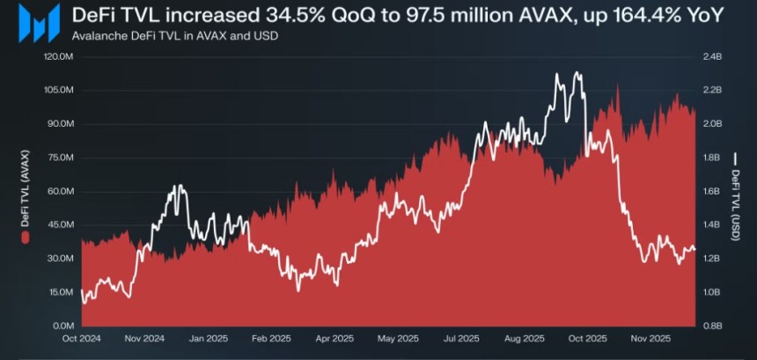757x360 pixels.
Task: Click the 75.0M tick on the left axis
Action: (x=57, y=158)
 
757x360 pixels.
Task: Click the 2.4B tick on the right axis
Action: (x=712, y=57)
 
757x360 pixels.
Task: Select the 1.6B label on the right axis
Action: (x=712, y=191)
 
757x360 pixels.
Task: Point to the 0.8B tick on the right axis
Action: (x=712, y=325)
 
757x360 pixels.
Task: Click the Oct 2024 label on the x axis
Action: (x=81, y=338)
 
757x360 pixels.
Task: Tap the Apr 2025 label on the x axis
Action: (x=334, y=338)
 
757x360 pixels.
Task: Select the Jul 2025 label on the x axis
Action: (x=461, y=338)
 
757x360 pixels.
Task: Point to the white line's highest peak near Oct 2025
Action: (x=577, y=73)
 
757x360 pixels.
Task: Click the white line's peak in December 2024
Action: (x=179, y=186)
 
